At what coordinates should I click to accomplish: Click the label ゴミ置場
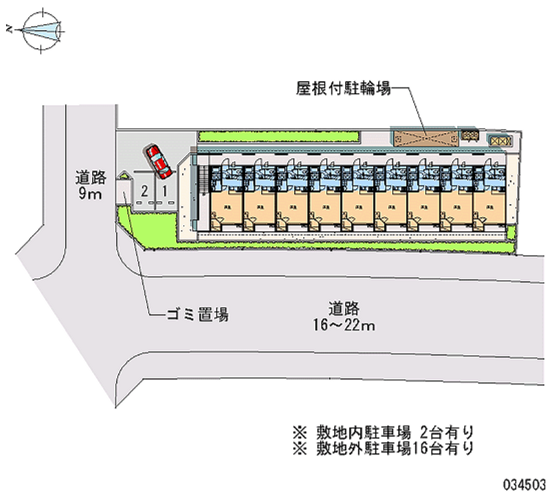197,316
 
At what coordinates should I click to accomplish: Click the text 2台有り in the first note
446,433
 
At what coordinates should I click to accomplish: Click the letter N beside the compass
10,29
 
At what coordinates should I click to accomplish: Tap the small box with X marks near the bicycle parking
500,140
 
